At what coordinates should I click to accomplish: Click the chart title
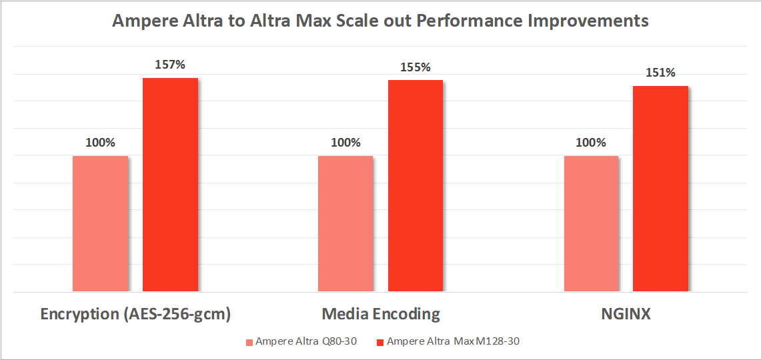pyautogui.click(x=380, y=21)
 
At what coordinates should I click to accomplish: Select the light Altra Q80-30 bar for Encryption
pyautogui.click(x=100, y=223)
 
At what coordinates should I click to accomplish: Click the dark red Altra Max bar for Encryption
pyautogui.click(x=170, y=185)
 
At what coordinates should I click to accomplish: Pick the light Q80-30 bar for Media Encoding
pyautogui.click(x=345, y=223)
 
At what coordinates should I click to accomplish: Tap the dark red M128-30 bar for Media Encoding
pyautogui.click(x=416, y=185)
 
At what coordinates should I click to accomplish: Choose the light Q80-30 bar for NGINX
pyautogui.click(x=591, y=223)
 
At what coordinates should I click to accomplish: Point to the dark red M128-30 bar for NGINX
pyautogui.click(x=660, y=189)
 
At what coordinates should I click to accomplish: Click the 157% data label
pyautogui.click(x=170, y=65)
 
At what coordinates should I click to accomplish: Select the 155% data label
pyautogui.click(x=416, y=67)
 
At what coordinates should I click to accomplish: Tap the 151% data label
pyautogui.click(x=660, y=73)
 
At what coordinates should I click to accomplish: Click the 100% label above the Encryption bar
pyautogui.click(x=100, y=143)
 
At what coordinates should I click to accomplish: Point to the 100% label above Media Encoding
pyautogui.click(x=345, y=143)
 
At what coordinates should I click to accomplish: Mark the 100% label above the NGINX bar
pyautogui.click(x=591, y=143)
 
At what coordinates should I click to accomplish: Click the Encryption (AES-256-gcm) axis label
pyautogui.click(x=135, y=314)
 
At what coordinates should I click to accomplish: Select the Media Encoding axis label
pyautogui.click(x=381, y=314)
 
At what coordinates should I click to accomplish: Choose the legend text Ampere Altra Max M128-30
pyautogui.click(x=453, y=342)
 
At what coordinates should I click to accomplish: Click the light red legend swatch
pyautogui.click(x=249, y=342)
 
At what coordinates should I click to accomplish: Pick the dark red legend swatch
pyautogui.click(x=381, y=342)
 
